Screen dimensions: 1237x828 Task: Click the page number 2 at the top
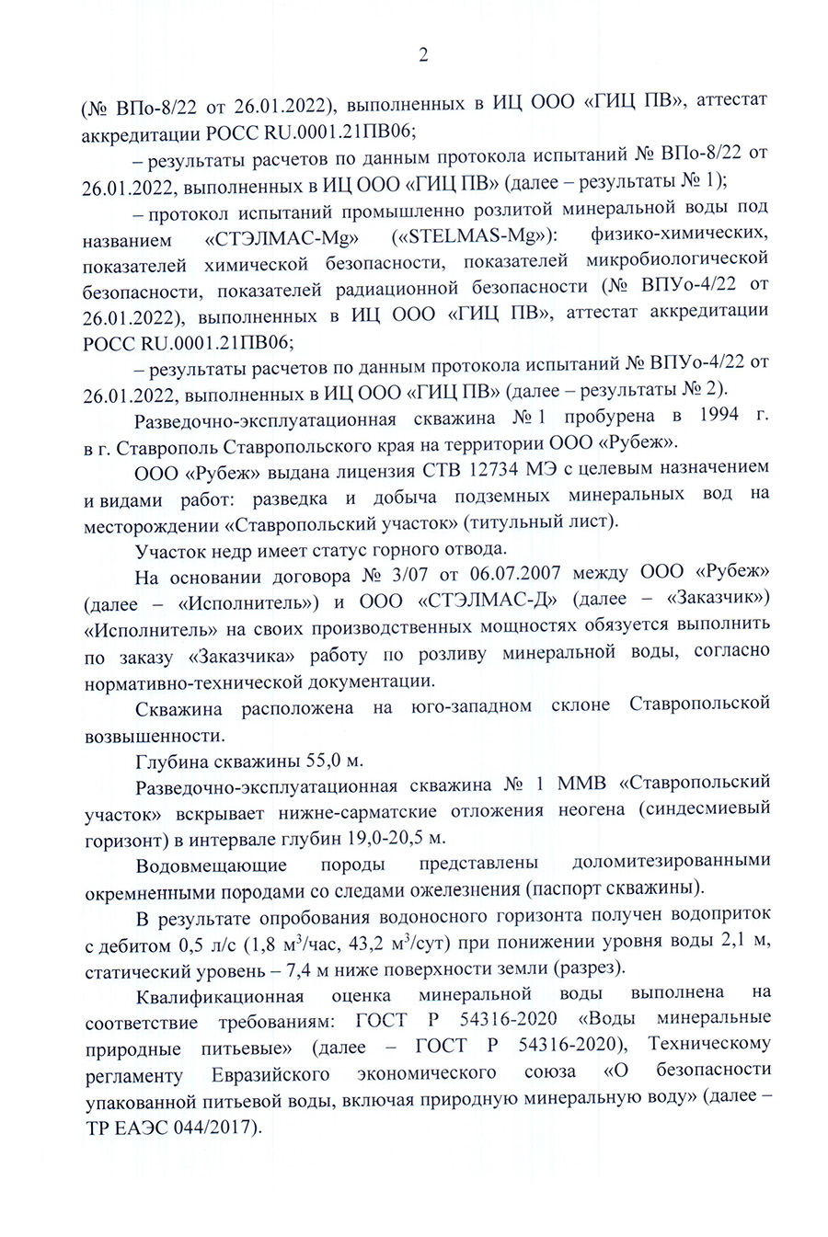422,55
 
